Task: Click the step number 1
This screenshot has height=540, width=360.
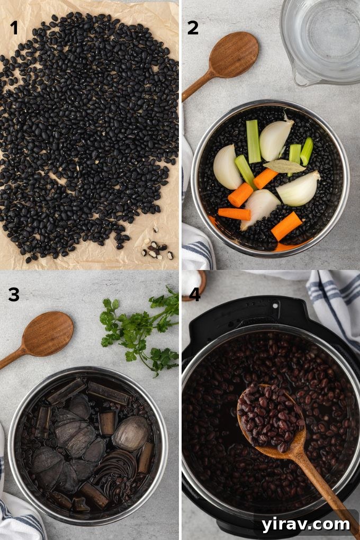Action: (x=14, y=28)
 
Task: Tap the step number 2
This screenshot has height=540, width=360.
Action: (x=193, y=28)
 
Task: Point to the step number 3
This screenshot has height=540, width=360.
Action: (x=14, y=294)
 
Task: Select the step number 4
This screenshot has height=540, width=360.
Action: (x=194, y=294)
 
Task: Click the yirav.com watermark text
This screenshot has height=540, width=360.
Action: (x=305, y=524)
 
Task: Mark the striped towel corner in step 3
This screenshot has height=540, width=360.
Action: (x=19, y=516)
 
